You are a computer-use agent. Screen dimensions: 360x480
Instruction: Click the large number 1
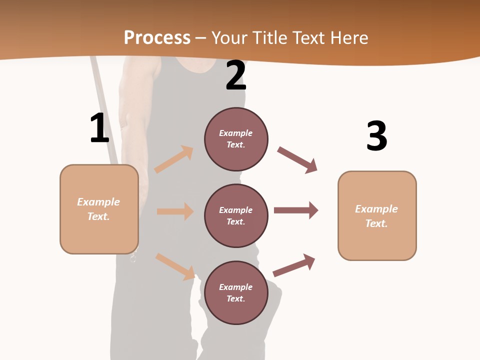point(99,128)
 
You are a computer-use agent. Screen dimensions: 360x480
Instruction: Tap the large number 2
point(236,75)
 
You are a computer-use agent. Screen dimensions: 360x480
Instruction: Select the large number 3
point(376,136)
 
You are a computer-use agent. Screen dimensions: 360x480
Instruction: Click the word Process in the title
point(157,37)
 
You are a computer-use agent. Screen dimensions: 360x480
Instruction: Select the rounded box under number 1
point(99,209)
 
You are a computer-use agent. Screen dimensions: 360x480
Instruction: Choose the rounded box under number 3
point(377,215)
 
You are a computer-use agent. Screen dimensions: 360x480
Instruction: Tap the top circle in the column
point(236,139)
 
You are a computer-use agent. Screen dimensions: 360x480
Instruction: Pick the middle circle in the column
point(236,215)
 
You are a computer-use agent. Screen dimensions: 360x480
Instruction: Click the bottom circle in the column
point(236,292)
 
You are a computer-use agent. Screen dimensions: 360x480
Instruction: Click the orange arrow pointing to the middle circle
point(175,211)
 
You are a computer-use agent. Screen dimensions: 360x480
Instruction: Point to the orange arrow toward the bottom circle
point(175,266)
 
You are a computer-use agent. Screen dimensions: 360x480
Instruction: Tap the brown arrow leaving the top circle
point(297,160)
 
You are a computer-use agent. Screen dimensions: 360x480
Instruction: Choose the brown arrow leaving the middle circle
point(296,210)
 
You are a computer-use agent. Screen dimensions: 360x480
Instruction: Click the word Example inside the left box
point(98,202)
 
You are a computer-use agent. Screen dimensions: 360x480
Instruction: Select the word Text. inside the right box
point(376,223)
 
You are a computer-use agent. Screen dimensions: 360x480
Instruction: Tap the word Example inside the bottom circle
point(236,287)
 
